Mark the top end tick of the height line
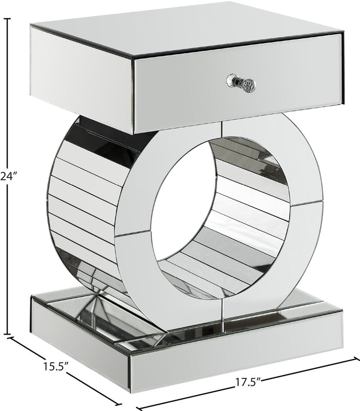point(7,19)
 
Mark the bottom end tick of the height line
point(7,335)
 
